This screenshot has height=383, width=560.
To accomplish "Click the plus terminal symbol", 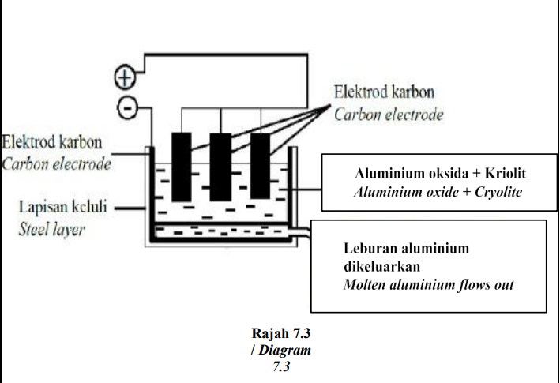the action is [x=125, y=77].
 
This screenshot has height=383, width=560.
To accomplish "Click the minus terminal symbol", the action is [x=127, y=107].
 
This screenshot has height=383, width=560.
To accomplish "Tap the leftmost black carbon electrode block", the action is [x=182, y=167].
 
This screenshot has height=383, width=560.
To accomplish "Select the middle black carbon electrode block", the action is [x=220, y=167].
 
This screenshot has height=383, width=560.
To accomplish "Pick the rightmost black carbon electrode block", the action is [x=261, y=166].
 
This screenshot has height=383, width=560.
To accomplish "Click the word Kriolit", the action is [x=506, y=174].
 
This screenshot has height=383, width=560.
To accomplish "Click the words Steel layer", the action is [x=52, y=230].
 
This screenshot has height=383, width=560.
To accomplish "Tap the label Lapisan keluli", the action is [x=63, y=207].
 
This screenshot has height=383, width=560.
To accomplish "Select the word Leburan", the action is [x=365, y=249].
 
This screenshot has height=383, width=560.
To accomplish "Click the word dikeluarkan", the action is [x=381, y=267].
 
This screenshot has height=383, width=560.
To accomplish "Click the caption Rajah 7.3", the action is [x=281, y=333].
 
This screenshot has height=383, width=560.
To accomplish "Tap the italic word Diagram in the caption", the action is [x=284, y=350].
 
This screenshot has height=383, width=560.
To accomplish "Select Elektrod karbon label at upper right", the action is [x=384, y=92].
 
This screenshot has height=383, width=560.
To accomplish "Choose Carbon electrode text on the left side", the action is [x=56, y=164].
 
